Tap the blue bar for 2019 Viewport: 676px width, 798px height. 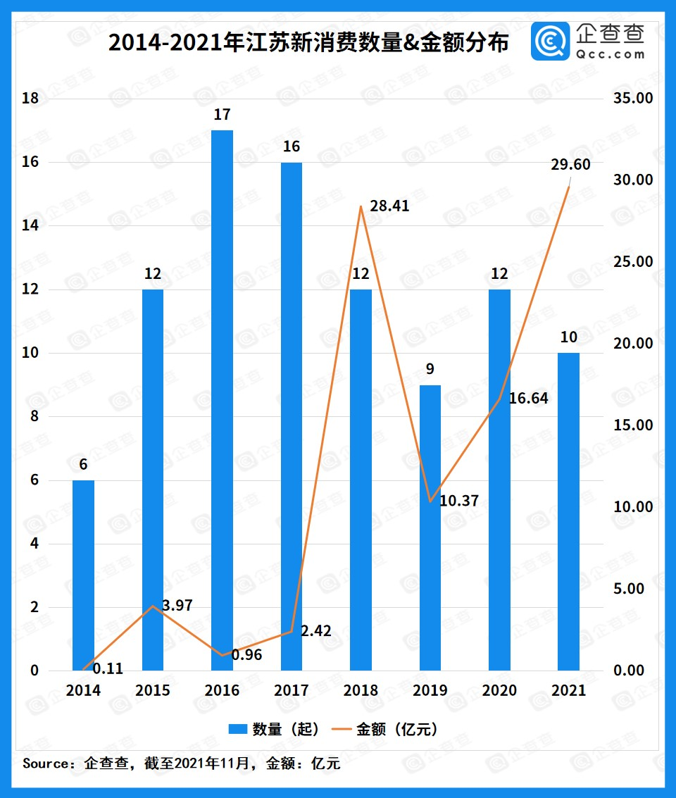[x=430, y=528]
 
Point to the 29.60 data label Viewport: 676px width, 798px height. [x=570, y=165]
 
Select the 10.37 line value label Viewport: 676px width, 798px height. [x=458, y=501]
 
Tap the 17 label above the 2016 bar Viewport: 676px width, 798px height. [x=222, y=115]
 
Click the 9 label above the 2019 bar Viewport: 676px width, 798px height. [x=430, y=370]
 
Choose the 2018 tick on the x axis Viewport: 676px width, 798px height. [x=361, y=691]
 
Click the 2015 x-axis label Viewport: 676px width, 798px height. [x=153, y=691]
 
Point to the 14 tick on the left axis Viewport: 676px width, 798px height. [x=30, y=226]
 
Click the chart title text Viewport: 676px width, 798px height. [x=308, y=44]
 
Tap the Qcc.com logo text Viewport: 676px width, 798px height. [x=610, y=54]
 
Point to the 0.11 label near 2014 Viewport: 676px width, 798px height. [x=108, y=669]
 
